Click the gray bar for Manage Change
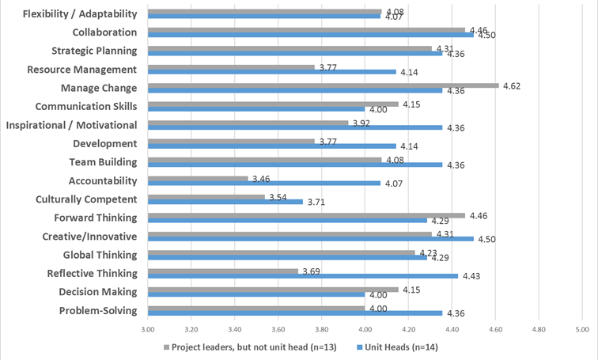click(323, 85)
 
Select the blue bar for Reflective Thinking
click(303, 276)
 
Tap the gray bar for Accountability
click(198, 177)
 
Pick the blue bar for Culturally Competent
click(225, 202)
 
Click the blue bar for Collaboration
click(310, 35)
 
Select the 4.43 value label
click(471, 276)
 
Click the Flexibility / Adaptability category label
click(80, 13)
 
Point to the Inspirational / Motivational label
click(71, 125)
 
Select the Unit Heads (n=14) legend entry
click(401, 347)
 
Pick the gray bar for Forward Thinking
click(306, 214)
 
